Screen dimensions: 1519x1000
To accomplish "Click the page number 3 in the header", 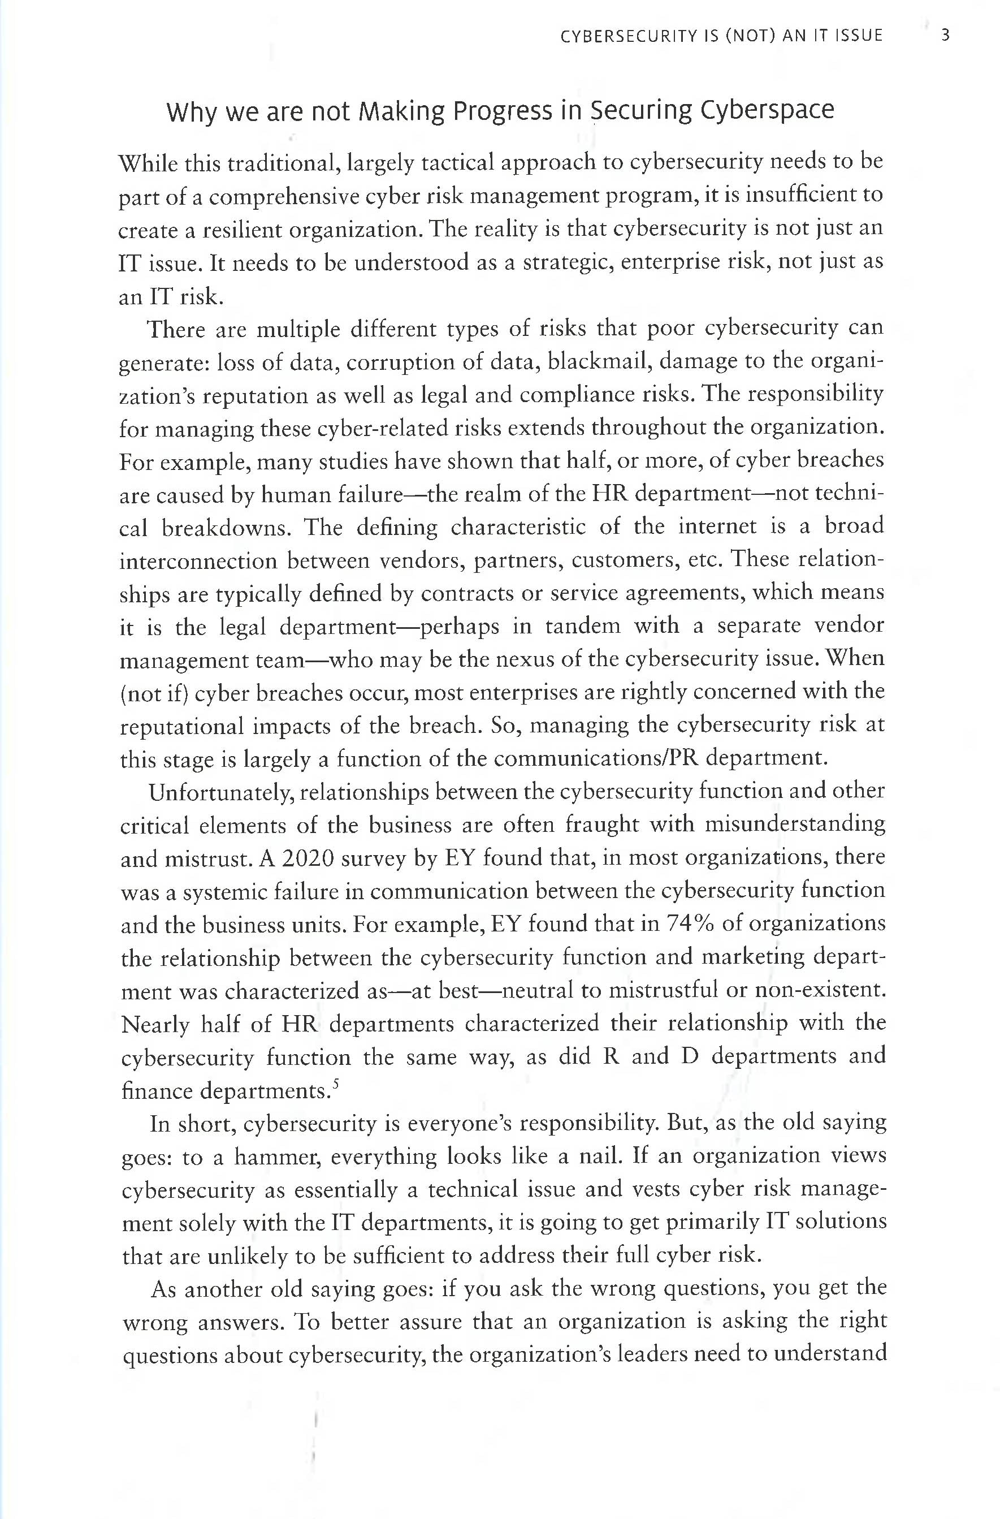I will pyautogui.click(x=945, y=36).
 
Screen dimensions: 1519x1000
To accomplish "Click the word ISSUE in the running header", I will pyautogui.click(x=856, y=36).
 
